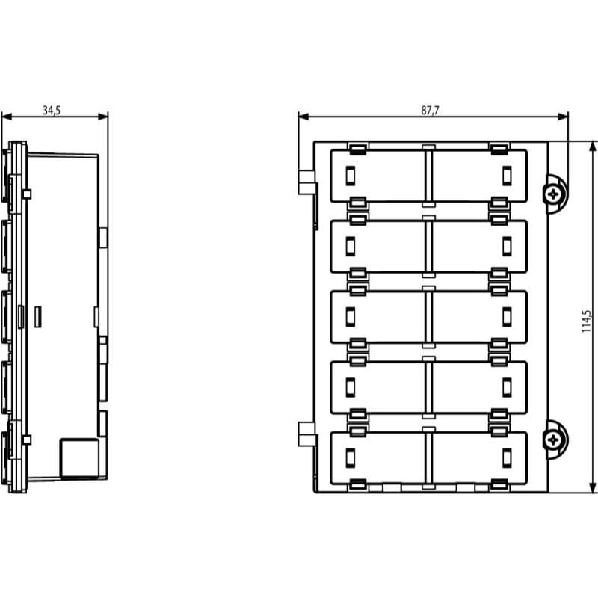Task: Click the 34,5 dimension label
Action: click(x=52, y=110)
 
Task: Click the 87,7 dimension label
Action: click(x=430, y=110)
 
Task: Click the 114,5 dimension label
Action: click(x=586, y=321)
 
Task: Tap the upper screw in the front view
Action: click(x=552, y=194)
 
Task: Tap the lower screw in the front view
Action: click(x=552, y=440)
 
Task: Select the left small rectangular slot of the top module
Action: click(x=350, y=176)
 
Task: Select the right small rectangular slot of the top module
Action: click(x=507, y=176)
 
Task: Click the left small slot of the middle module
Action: click(x=350, y=317)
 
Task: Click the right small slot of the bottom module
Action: click(x=507, y=458)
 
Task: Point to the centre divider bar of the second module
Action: click(x=428, y=247)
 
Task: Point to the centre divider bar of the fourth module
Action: click(x=428, y=387)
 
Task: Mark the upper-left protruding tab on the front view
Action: click(x=306, y=182)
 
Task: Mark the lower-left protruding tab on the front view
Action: click(x=306, y=434)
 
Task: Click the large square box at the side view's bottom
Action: click(x=79, y=458)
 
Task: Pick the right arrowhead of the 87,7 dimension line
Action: click(x=563, y=117)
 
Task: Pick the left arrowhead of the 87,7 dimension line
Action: click(x=304, y=117)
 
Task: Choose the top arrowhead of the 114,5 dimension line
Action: click(x=593, y=147)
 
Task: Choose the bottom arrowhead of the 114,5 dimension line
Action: click(x=593, y=487)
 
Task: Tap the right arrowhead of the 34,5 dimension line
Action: click(x=103, y=117)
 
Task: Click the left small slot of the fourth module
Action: click(x=350, y=387)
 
